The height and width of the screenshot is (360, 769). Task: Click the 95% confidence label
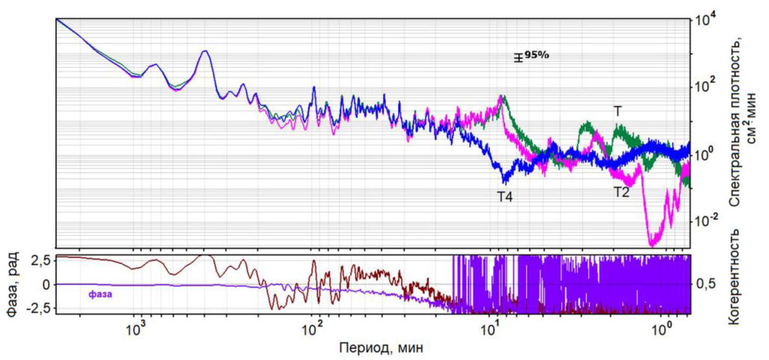tap(536, 55)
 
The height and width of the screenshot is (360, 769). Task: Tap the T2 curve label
tap(620, 192)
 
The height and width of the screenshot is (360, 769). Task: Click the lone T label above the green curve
tap(617, 111)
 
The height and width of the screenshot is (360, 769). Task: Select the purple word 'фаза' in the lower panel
tap(100, 294)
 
